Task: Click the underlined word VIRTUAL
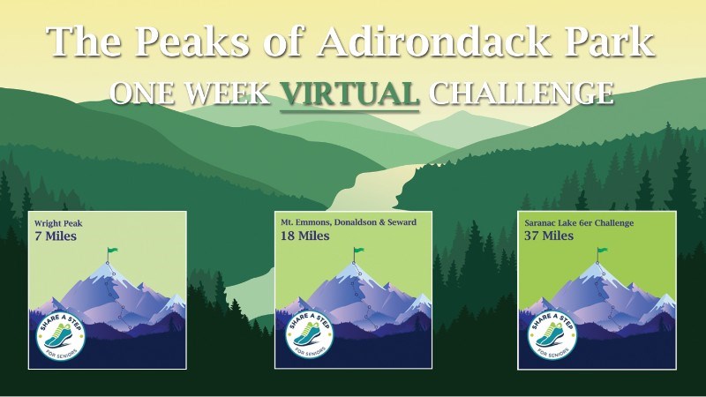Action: [x=349, y=93]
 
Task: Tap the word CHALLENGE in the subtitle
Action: [x=521, y=93]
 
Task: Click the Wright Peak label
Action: [x=58, y=223]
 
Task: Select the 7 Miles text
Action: [x=56, y=236]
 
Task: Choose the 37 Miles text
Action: [x=549, y=236]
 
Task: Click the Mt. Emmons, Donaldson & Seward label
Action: [x=349, y=222]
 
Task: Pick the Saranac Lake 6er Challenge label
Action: [x=579, y=223]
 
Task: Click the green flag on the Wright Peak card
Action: [x=112, y=251]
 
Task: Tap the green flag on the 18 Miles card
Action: [x=358, y=251]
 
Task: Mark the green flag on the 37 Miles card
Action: [x=602, y=251]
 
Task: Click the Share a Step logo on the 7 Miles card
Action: [x=61, y=337]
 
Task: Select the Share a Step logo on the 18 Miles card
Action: [x=309, y=335]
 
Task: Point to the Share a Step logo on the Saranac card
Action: [x=552, y=336]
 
